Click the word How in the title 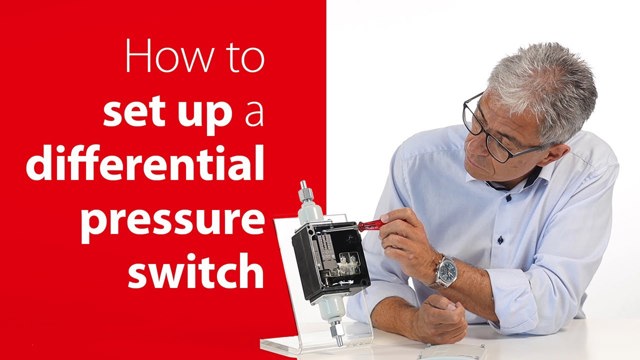click(x=169, y=56)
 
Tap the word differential click(x=145, y=163)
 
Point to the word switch click(x=196, y=269)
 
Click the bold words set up click(x=168, y=113)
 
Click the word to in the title click(x=246, y=58)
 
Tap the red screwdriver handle click(x=370, y=225)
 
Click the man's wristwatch click(x=446, y=271)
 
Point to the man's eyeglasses click(x=494, y=130)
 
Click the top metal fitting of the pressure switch click(x=304, y=191)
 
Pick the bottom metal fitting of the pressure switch click(x=337, y=332)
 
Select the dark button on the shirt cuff click(x=500, y=240)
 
